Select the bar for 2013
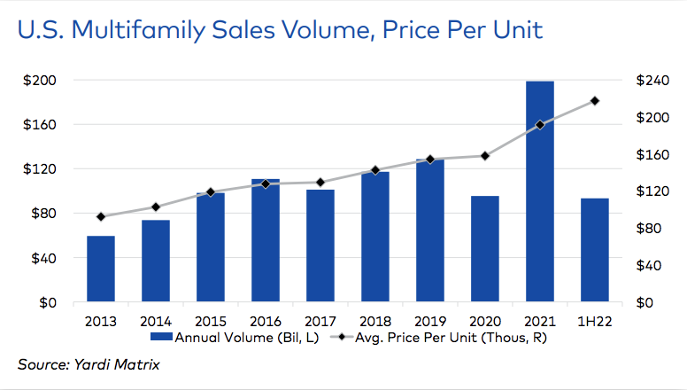[x=100, y=269]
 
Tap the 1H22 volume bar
[x=595, y=250]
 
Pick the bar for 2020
[x=485, y=249]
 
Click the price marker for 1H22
[x=595, y=100]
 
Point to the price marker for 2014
[x=155, y=207]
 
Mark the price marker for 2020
[x=485, y=156]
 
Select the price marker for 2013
[x=100, y=216]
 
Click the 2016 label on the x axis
[x=265, y=321]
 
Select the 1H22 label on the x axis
[x=595, y=321]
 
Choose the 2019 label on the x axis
[x=430, y=321]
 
